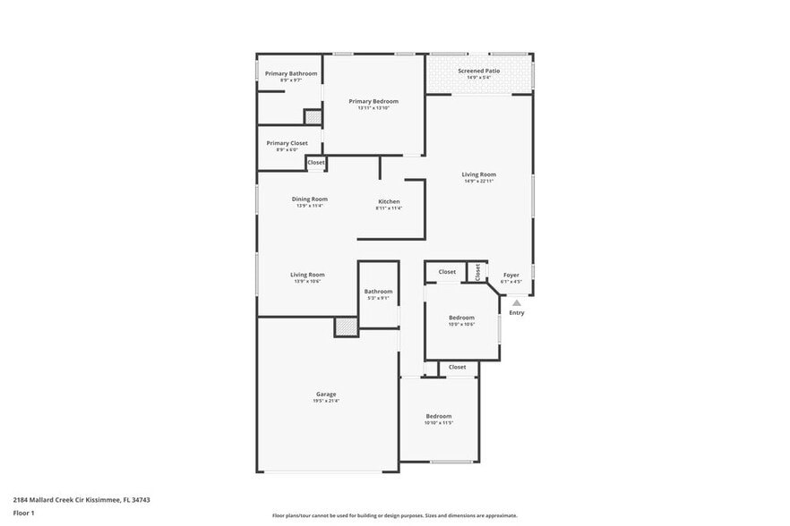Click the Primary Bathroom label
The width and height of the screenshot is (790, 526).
pyautogui.click(x=290, y=73)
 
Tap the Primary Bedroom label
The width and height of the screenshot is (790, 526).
pyautogui.click(x=374, y=101)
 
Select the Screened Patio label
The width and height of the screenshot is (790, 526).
pyautogui.click(x=478, y=70)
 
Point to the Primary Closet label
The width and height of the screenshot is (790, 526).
pyautogui.click(x=287, y=143)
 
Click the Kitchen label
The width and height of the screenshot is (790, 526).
pyautogui.click(x=389, y=201)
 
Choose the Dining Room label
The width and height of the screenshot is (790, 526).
pyautogui.click(x=309, y=199)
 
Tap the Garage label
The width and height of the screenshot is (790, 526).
pyautogui.click(x=326, y=394)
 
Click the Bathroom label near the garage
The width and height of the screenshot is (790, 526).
pyautogui.click(x=378, y=292)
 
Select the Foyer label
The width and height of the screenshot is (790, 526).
pyautogui.click(x=511, y=276)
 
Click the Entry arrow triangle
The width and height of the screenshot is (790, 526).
pyautogui.click(x=517, y=303)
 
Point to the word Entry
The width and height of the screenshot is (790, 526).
pyautogui.click(x=517, y=313)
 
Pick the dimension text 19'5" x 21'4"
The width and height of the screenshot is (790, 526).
pyautogui.click(x=326, y=401)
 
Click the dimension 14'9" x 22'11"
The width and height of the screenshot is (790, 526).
pyautogui.click(x=479, y=182)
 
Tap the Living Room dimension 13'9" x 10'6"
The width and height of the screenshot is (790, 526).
pyautogui.click(x=307, y=282)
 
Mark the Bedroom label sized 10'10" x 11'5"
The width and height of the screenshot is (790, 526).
pyautogui.click(x=439, y=416)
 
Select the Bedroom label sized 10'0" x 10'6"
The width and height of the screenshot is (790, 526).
pyautogui.click(x=461, y=318)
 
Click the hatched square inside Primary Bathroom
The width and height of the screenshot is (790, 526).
pyautogui.click(x=312, y=116)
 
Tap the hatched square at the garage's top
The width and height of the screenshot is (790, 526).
pyautogui.click(x=346, y=327)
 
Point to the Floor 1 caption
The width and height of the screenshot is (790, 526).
pyautogui.click(x=23, y=513)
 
